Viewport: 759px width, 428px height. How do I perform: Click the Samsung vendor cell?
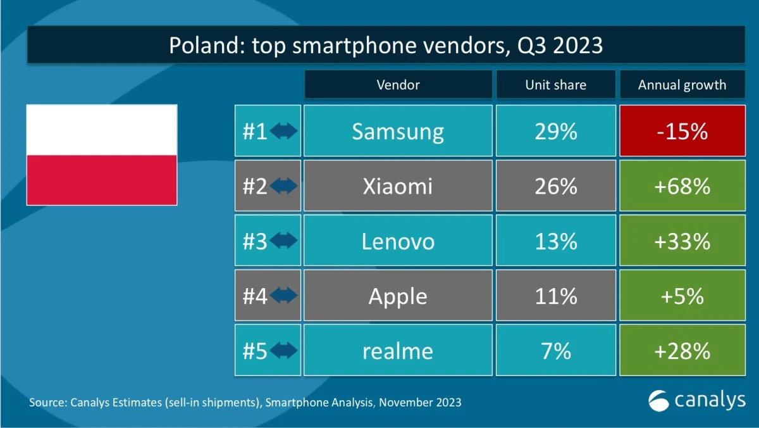click(398, 131)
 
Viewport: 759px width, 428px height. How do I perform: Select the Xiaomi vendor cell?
click(398, 186)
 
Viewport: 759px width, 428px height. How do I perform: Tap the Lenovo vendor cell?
click(398, 241)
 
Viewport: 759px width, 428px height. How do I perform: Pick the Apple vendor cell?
click(398, 296)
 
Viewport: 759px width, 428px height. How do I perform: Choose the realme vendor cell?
click(398, 351)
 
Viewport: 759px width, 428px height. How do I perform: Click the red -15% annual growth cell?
click(682, 131)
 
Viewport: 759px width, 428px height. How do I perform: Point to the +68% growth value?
click(682, 186)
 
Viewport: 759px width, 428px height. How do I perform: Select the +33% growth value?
click(682, 241)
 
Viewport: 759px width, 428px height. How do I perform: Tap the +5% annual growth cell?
click(682, 296)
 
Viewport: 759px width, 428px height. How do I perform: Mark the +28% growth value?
click(682, 351)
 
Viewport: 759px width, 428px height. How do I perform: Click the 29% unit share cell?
click(555, 131)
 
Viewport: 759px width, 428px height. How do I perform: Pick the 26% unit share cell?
click(555, 186)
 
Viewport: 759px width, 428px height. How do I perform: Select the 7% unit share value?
click(555, 351)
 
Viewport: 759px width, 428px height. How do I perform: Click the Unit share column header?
click(555, 85)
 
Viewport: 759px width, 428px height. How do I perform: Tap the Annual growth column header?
click(682, 85)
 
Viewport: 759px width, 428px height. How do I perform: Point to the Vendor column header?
click(398, 85)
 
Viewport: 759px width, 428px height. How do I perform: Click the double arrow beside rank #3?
click(283, 241)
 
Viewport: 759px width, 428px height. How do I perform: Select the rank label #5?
click(255, 351)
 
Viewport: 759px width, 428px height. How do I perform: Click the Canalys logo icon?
click(659, 400)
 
